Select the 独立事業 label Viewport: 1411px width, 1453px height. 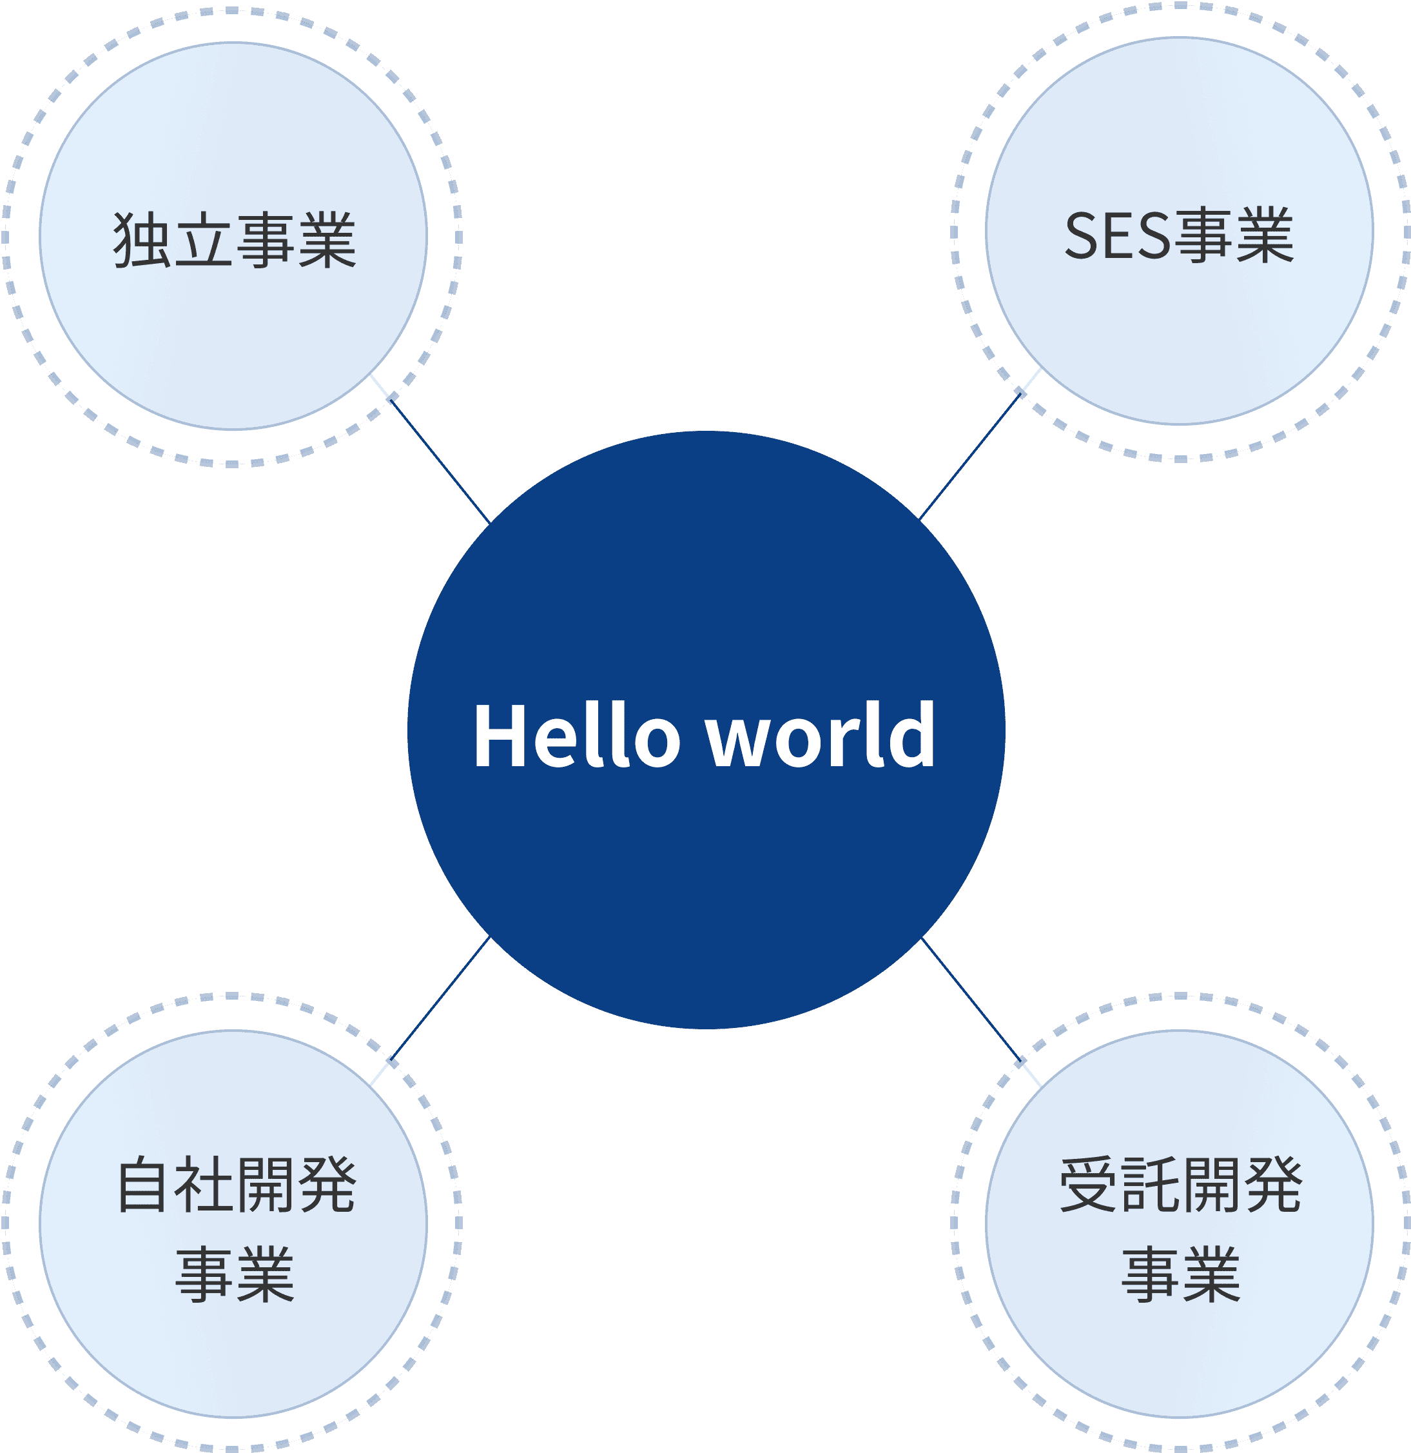click(234, 239)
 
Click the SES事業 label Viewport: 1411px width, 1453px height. click(1178, 237)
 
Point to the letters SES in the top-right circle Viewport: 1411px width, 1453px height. click(1118, 237)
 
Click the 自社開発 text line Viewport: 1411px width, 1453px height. click(237, 1185)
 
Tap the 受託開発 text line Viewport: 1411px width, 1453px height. click(1180, 1185)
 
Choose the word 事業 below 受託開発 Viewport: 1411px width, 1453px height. click(1180, 1274)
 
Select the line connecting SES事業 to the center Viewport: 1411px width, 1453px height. click(969, 458)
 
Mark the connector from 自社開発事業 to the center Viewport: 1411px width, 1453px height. click(441, 998)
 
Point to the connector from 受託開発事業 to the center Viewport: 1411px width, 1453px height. click(971, 998)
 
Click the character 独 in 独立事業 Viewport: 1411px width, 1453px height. click(142, 239)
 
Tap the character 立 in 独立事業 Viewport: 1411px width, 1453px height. click(203, 239)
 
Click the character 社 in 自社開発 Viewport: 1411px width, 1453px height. click(204, 1185)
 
